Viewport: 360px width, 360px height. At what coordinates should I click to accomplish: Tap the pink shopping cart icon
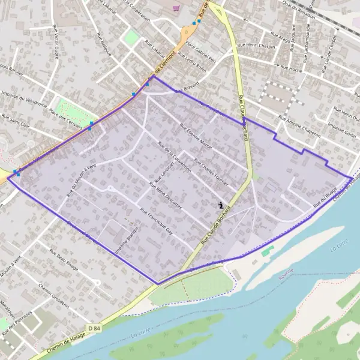(176, 8)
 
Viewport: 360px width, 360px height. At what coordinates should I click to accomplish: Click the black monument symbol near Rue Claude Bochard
(221, 205)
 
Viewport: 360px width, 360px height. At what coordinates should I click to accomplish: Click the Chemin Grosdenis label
(56, 297)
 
